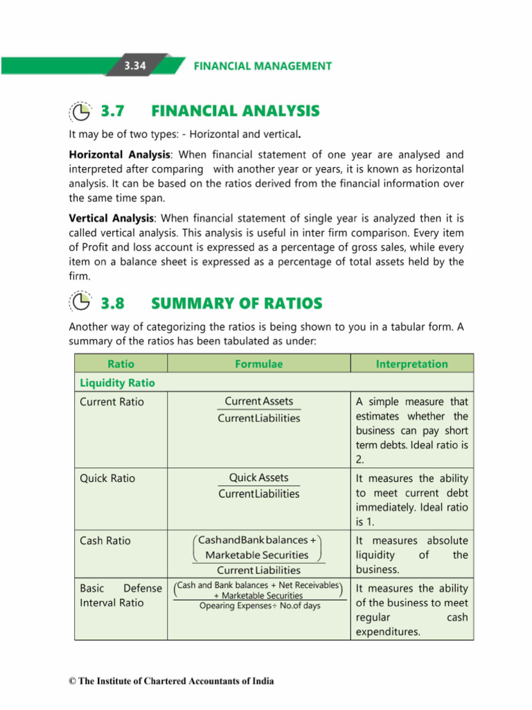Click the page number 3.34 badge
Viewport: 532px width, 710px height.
(x=136, y=66)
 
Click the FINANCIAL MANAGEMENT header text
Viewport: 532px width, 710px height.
(x=263, y=66)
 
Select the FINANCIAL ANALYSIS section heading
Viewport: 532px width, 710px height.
(x=235, y=111)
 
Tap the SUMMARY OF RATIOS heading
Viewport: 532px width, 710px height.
(x=236, y=303)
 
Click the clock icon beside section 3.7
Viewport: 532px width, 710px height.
(x=81, y=111)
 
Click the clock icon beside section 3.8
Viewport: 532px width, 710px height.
(x=81, y=303)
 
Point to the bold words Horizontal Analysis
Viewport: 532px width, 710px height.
(x=119, y=154)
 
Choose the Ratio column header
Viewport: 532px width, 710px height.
(x=121, y=364)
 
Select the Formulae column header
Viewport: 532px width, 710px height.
(x=259, y=364)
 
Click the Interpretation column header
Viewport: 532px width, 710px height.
(x=411, y=364)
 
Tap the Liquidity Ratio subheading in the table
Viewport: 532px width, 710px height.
(x=118, y=383)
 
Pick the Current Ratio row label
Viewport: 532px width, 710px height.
(x=112, y=402)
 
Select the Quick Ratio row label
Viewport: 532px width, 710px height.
(x=108, y=478)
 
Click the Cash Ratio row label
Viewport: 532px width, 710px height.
(x=105, y=541)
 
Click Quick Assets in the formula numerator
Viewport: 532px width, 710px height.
(x=259, y=478)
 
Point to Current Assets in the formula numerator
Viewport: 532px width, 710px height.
(x=259, y=401)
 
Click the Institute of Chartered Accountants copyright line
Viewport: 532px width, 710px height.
(x=172, y=681)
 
